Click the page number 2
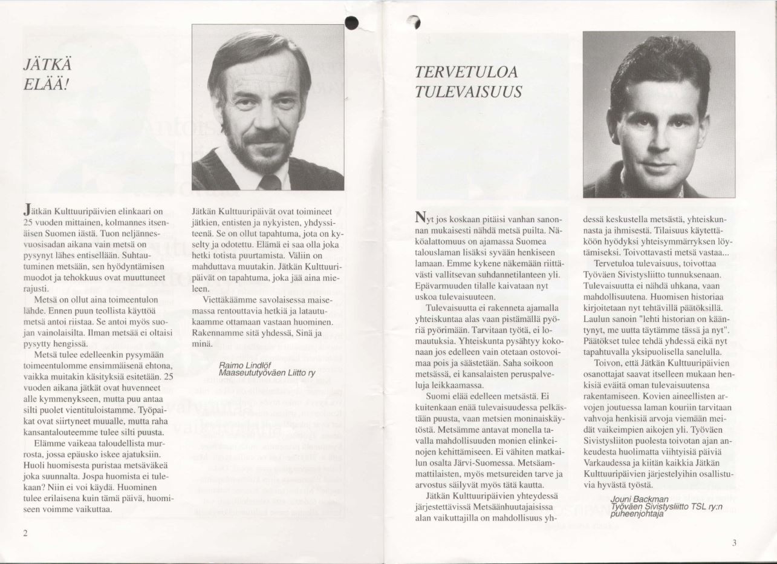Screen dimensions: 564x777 [25, 533]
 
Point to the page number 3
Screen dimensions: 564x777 [733, 543]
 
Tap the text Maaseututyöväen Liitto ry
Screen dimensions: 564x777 [267, 373]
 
